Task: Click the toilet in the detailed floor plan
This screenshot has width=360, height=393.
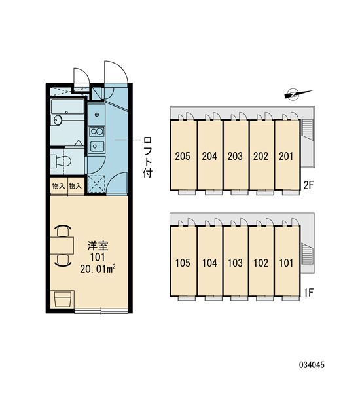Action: point(61,161)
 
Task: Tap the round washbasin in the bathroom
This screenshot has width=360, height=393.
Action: point(58,120)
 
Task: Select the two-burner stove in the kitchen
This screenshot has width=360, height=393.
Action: point(97,132)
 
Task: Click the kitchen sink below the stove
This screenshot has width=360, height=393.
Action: point(97,146)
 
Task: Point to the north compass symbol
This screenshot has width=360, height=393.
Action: point(298,94)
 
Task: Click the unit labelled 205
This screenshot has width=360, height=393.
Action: point(184,155)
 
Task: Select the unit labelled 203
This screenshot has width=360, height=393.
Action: point(236,155)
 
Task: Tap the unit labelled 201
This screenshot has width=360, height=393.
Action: point(287,155)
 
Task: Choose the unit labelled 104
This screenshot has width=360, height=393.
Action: point(210,261)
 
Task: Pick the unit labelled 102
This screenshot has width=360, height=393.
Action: point(261,261)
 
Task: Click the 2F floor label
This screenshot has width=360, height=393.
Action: point(308,185)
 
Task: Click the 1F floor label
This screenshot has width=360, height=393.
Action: point(308,292)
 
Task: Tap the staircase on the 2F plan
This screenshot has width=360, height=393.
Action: point(308,130)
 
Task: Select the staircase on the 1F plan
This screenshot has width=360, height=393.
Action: point(308,253)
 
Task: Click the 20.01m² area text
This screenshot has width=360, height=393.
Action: point(98,269)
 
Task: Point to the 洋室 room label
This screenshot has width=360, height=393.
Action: point(98,246)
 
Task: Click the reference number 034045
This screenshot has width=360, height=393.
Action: point(312,365)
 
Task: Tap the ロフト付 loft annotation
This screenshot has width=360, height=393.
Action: point(147,157)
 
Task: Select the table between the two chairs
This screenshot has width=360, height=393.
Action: point(62,246)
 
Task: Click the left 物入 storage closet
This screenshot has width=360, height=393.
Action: point(59,186)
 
